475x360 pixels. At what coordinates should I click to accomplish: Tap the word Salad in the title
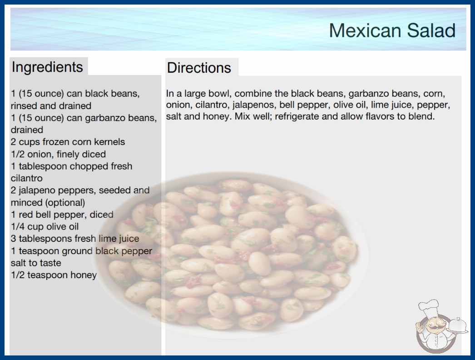pyautogui.click(x=431, y=30)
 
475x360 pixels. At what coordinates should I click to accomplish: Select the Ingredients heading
pyautogui.click(x=47, y=67)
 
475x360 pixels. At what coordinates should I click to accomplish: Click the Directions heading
pyautogui.click(x=199, y=68)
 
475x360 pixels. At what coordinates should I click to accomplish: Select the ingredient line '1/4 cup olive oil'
pyautogui.click(x=45, y=226)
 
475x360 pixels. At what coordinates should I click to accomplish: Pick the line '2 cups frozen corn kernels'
pyautogui.click(x=68, y=142)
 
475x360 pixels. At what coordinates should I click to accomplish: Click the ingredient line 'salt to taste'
pyautogui.click(x=36, y=263)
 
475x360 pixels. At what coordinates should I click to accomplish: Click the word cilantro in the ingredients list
pyautogui.click(x=27, y=178)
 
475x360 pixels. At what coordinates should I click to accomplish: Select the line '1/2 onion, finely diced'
pyautogui.click(x=59, y=154)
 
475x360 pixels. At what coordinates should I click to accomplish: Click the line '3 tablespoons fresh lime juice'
pyautogui.click(x=75, y=239)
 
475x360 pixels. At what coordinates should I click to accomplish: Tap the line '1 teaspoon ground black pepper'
pyautogui.click(x=81, y=251)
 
